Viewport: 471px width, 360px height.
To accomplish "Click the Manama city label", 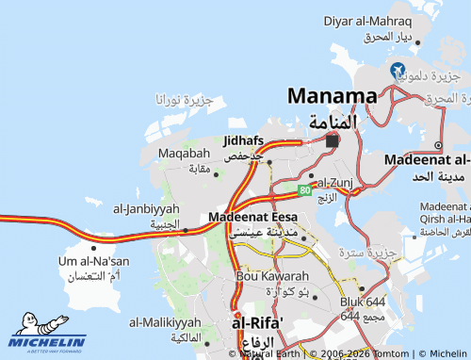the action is pyautogui.click(x=333, y=95).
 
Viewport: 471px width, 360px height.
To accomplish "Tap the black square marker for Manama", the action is pyautogui.click(x=332, y=141).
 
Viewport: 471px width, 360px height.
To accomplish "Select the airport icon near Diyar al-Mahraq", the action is pyautogui.click(x=398, y=70).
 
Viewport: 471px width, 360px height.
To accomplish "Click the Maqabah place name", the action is pyautogui.click(x=184, y=153).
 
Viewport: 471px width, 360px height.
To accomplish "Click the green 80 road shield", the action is pyautogui.click(x=305, y=190).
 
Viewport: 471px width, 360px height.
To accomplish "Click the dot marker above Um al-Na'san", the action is pyautogui.click(x=94, y=248).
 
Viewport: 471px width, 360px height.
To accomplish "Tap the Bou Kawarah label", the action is pyautogui.click(x=273, y=276).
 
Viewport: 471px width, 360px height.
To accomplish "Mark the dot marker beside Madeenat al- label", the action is pyautogui.click(x=438, y=145).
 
